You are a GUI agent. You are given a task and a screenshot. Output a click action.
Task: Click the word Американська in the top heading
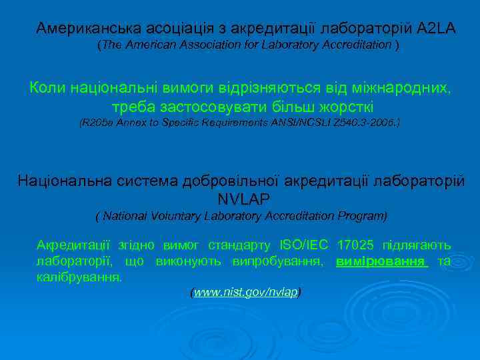[79, 28]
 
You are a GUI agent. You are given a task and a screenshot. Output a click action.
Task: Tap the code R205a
[97, 123]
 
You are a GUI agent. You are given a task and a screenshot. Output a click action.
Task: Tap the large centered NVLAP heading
[244, 199]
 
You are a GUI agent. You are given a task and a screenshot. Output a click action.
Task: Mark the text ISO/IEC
[304, 245]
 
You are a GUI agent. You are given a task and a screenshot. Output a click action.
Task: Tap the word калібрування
[79, 277]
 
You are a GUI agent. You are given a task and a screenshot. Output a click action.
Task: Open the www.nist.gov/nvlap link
[245, 293]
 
